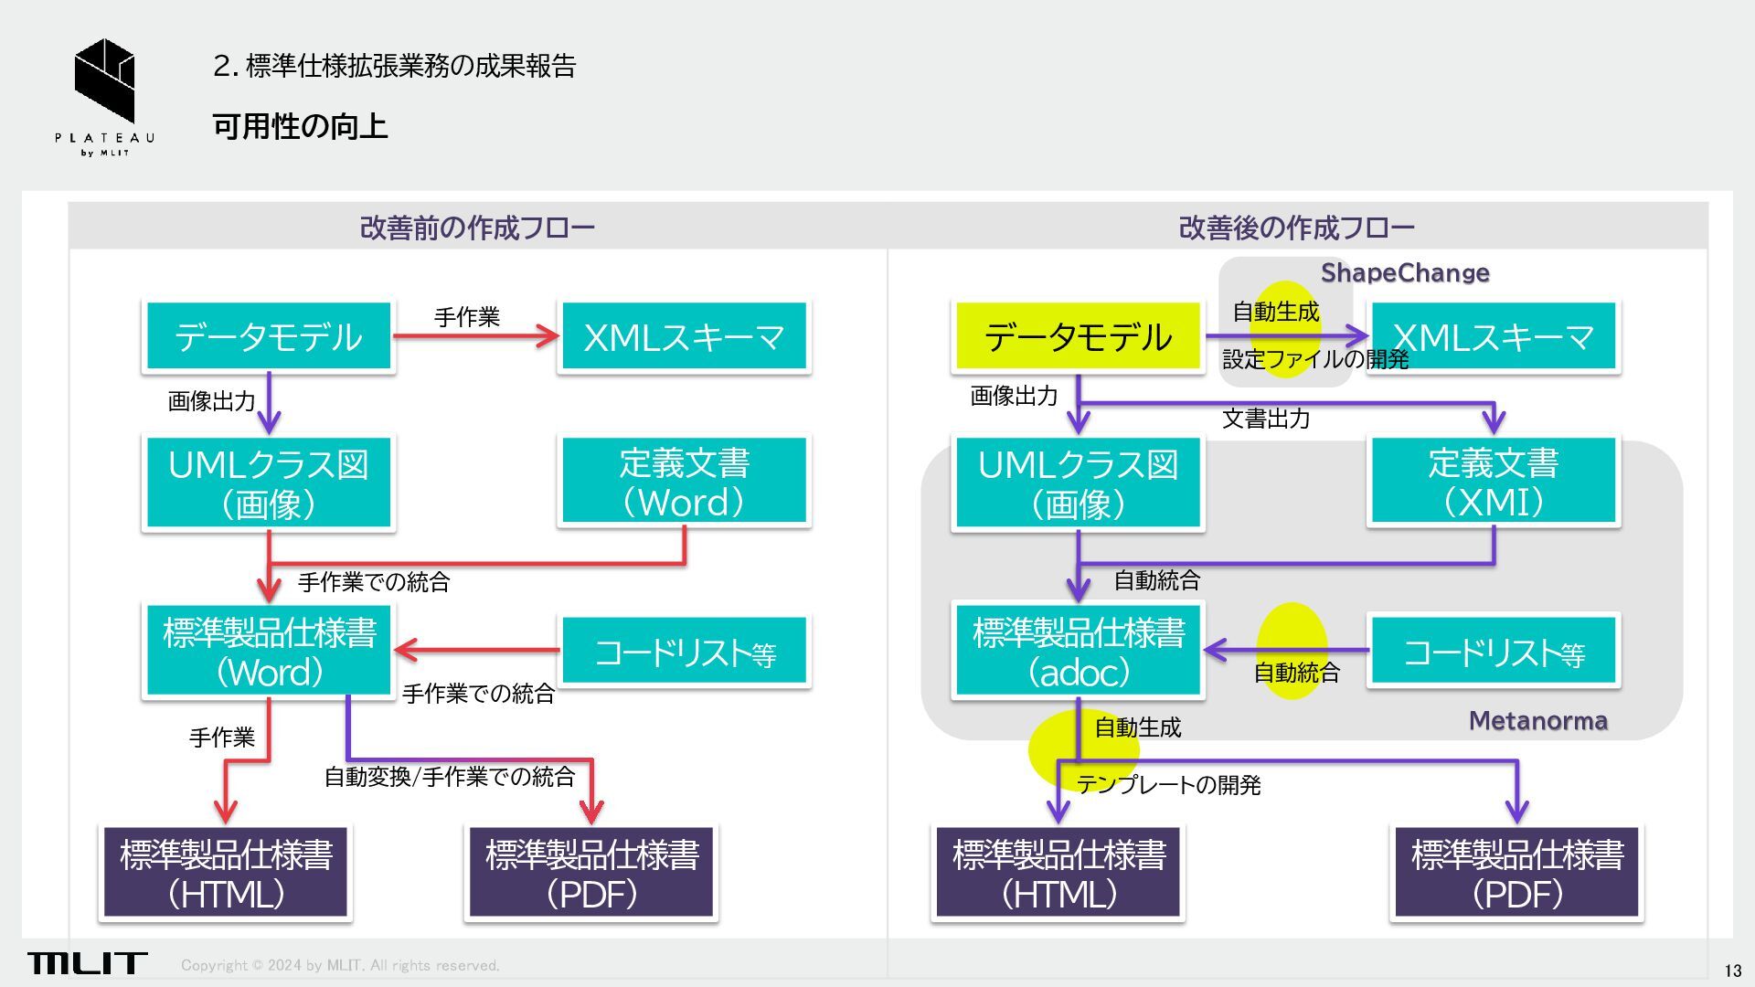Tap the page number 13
(1732, 971)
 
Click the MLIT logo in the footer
(87, 962)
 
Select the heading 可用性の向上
(300, 126)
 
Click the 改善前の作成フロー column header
(477, 228)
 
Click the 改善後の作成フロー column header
(1296, 228)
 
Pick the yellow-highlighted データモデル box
(1078, 336)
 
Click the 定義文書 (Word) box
(684, 482)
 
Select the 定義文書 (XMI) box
(1494, 482)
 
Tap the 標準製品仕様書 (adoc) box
(1078, 652)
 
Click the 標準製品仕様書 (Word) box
(269, 652)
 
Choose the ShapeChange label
(1405, 272)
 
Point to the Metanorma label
(1537, 721)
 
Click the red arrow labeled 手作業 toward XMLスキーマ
(475, 336)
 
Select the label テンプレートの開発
(1168, 785)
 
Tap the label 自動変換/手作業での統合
(450, 777)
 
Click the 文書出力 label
(1266, 419)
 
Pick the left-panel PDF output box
(591, 873)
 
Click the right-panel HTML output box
(1058, 873)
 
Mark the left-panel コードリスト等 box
(684, 652)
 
